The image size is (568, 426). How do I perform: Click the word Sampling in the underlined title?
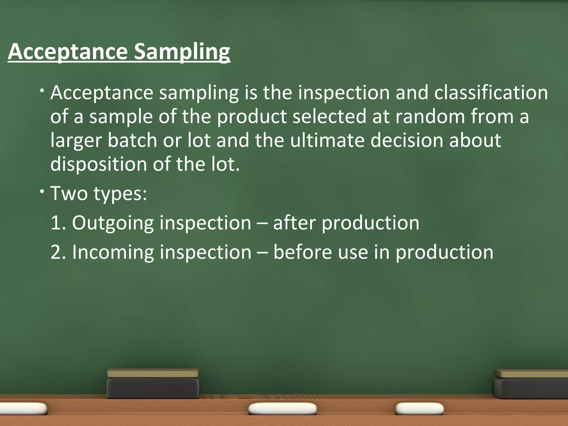[x=182, y=52]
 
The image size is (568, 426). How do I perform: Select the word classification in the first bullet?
[x=491, y=93]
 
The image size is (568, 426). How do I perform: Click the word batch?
[x=132, y=140]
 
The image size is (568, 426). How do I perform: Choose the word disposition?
[x=99, y=164]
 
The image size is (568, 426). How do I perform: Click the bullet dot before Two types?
[x=42, y=191]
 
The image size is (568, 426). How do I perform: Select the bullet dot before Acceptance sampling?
[x=42, y=90]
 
